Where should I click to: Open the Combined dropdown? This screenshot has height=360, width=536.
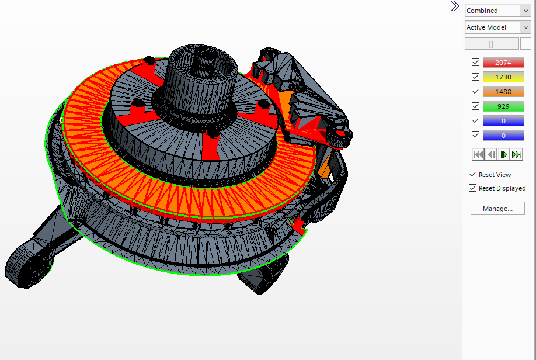click(x=497, y=11)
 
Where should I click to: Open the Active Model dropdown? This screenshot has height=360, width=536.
click(x=497, y=27)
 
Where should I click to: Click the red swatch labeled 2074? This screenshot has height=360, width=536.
click(x=503, y=63)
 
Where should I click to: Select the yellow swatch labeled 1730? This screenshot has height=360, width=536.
click(x=503, y=77)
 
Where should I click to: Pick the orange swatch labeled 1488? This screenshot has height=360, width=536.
click(x=503, y=92)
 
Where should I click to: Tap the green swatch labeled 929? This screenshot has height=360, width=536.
click(x=503, y=106)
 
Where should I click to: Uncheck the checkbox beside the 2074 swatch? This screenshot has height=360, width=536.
click(x=475, y=63)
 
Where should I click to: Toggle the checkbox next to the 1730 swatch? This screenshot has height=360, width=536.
click(x=475, y=77)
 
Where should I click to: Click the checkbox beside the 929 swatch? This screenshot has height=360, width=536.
click(x=475, y=106)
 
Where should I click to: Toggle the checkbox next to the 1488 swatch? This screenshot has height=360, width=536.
click(x=475, y=92)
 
